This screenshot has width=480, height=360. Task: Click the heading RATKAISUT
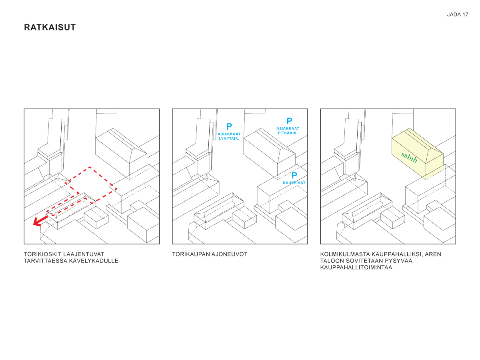click(50, 27)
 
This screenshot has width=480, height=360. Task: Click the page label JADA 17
click(458, 15)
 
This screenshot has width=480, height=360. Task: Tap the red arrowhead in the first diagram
click(37, 222)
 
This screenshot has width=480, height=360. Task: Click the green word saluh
click(409, 157)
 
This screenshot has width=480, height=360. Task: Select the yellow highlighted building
click(417, 154)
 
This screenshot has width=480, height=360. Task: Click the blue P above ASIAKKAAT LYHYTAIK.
click(229, 126)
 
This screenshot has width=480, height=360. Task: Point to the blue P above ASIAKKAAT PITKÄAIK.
click(289, 121)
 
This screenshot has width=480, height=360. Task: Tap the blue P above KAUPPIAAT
click(294, 175)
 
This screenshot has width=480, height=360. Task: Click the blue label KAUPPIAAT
click(294, 183)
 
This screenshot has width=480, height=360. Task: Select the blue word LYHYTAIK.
click(229, 138)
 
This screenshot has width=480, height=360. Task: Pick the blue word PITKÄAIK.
click(288, 133)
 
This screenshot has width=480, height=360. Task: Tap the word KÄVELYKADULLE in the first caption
click(94, 261)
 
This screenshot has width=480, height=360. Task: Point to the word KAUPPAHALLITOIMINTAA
click(356, 267)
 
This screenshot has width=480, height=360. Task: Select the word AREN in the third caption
click(433, 254)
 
